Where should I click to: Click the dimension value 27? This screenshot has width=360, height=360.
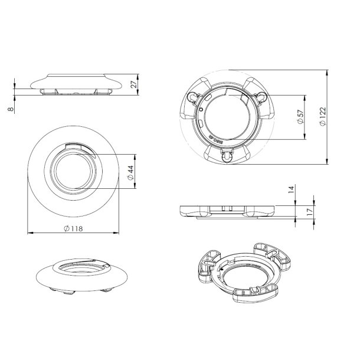click(x=135, y=84)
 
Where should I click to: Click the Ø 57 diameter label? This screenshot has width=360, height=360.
click(x=300, y=117)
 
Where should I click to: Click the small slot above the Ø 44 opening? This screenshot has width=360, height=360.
click(x=76, y=149)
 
